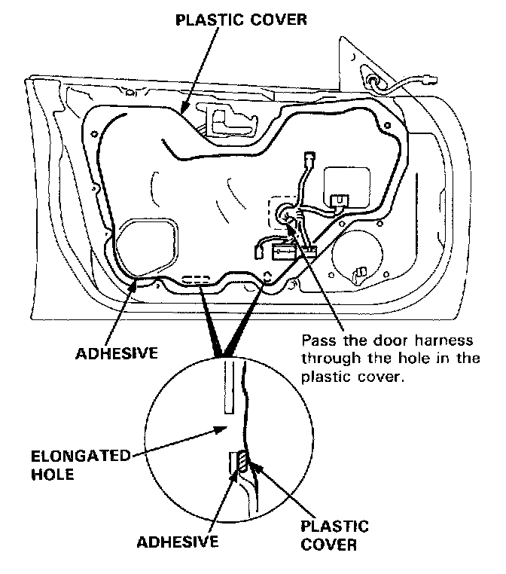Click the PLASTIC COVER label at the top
[x=240, y=19]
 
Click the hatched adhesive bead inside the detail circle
[x=236, y=461]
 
